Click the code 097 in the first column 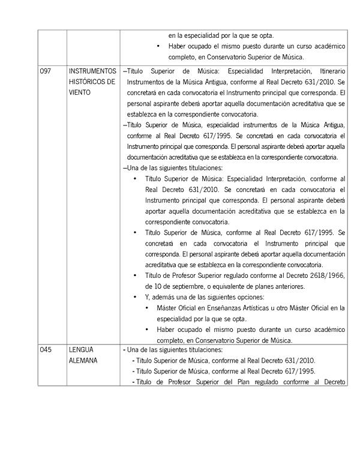(46, 71)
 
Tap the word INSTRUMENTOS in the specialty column (92, 71)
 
